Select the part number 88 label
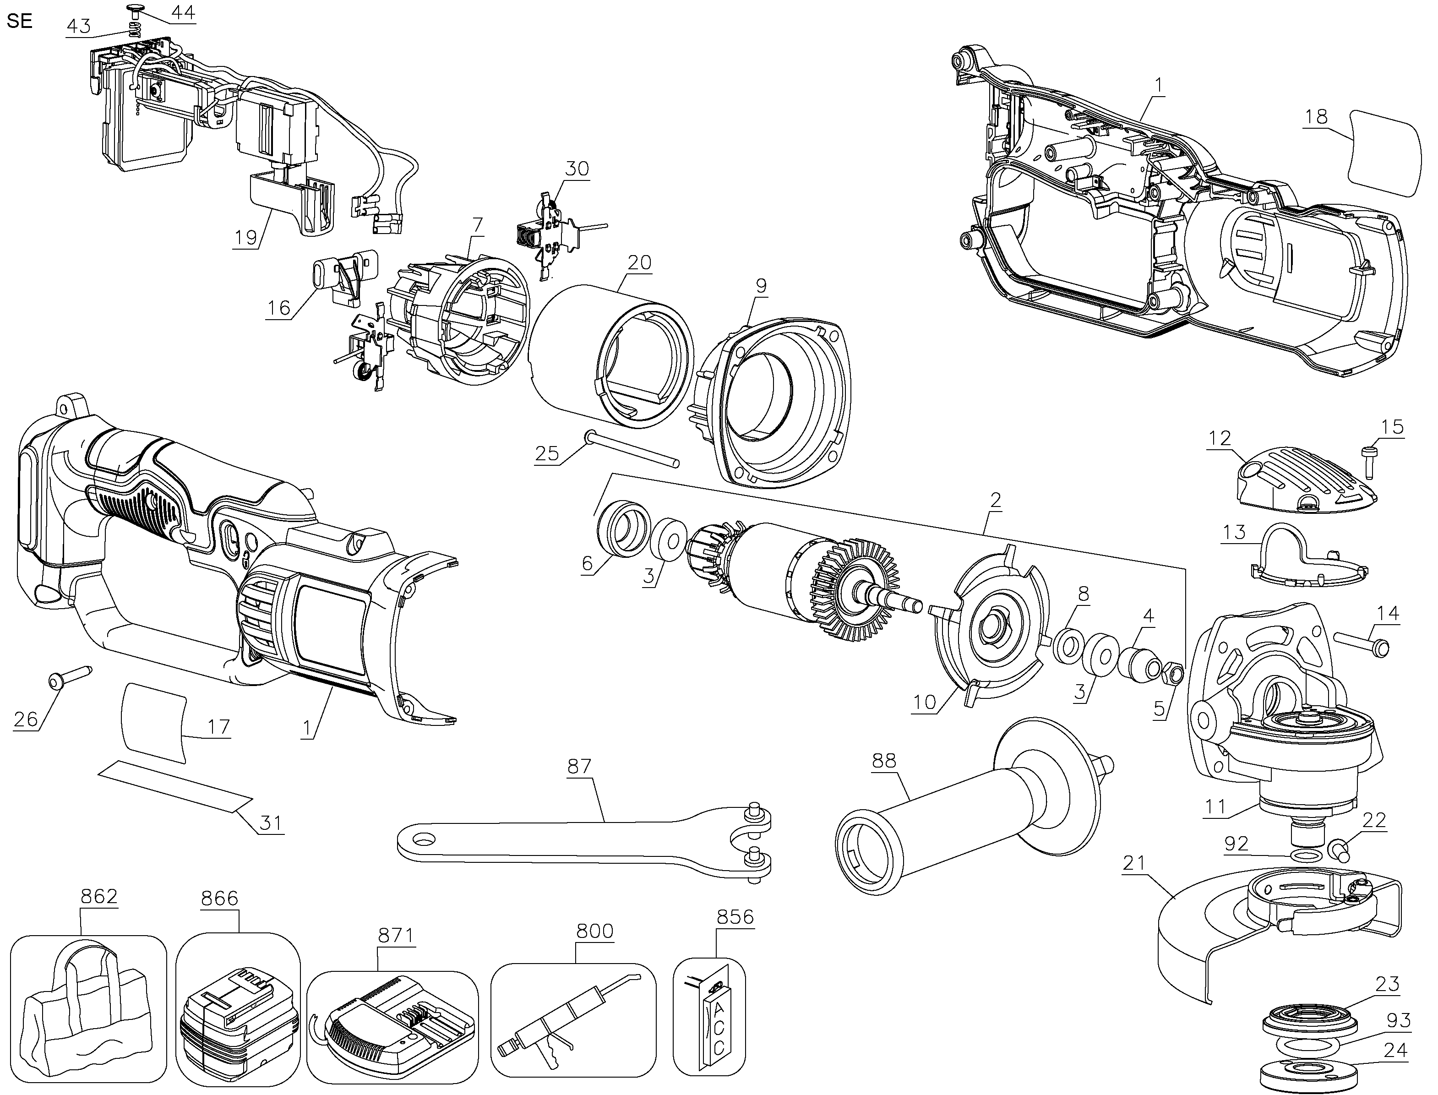coord(884,761)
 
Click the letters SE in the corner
coord(20,21)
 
